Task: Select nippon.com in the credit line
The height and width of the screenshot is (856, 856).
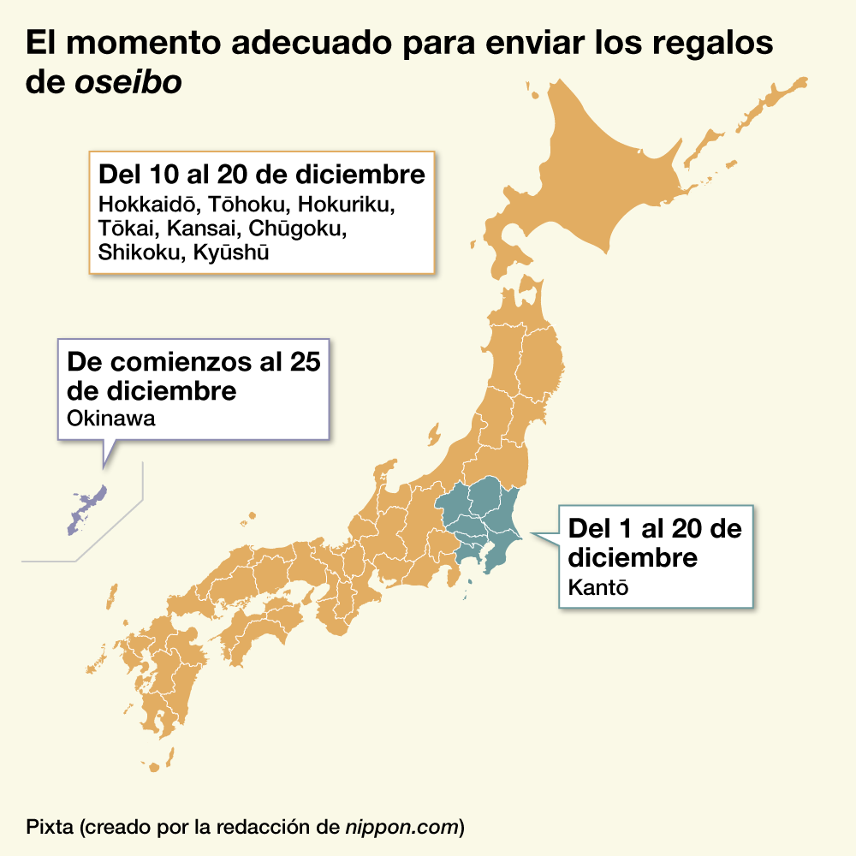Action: pyautogui.click(x=401, y=827)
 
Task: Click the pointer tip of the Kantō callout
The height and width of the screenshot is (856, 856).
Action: pyautogui.click(x=532, y=534)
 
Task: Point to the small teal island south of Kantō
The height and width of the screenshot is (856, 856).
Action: pyautogui.click(x=468, y=584)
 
